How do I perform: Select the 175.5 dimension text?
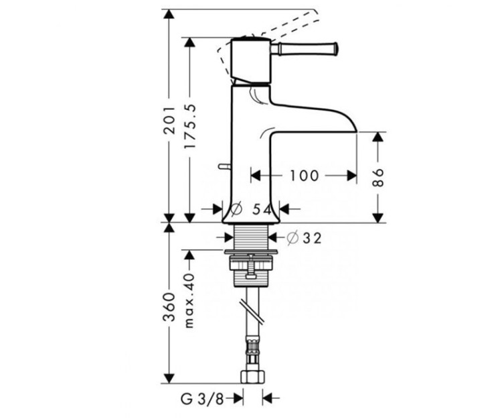(191, 127)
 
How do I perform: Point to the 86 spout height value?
(378, 176)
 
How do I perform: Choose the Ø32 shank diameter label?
(304, 237)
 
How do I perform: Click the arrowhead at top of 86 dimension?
(378, 137)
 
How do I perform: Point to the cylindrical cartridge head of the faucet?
(250, 62)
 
